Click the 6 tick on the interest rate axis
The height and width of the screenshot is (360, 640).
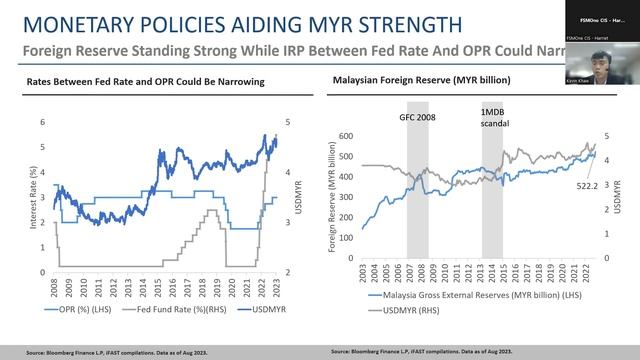42,122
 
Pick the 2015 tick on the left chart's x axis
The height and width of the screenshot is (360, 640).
158,289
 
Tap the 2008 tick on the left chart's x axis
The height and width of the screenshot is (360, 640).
55,289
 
